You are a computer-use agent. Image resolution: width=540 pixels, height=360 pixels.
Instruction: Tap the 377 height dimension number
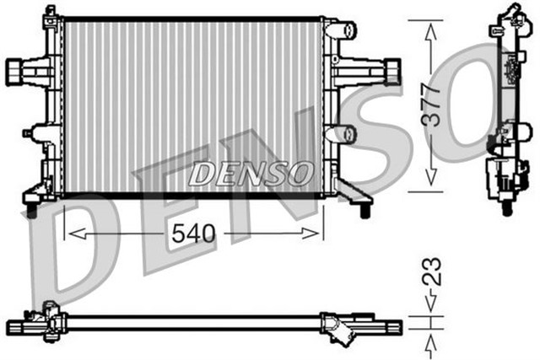coord(431,105)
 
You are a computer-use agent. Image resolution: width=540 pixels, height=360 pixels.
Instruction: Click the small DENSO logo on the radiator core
coord(250,174)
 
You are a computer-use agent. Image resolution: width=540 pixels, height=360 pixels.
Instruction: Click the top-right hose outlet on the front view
coord(343,31)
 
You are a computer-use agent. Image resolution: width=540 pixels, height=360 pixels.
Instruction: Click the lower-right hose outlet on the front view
coord(343,134)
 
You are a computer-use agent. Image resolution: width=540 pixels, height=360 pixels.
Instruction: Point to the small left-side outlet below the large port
coord(37,132)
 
